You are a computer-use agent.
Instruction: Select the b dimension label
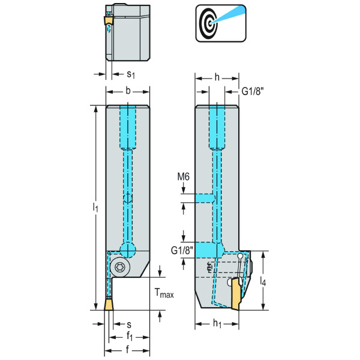128,91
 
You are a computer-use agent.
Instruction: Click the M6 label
184,176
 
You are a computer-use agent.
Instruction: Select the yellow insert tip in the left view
108,304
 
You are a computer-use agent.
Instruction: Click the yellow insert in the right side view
236,294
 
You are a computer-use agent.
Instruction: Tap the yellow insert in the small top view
109,22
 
